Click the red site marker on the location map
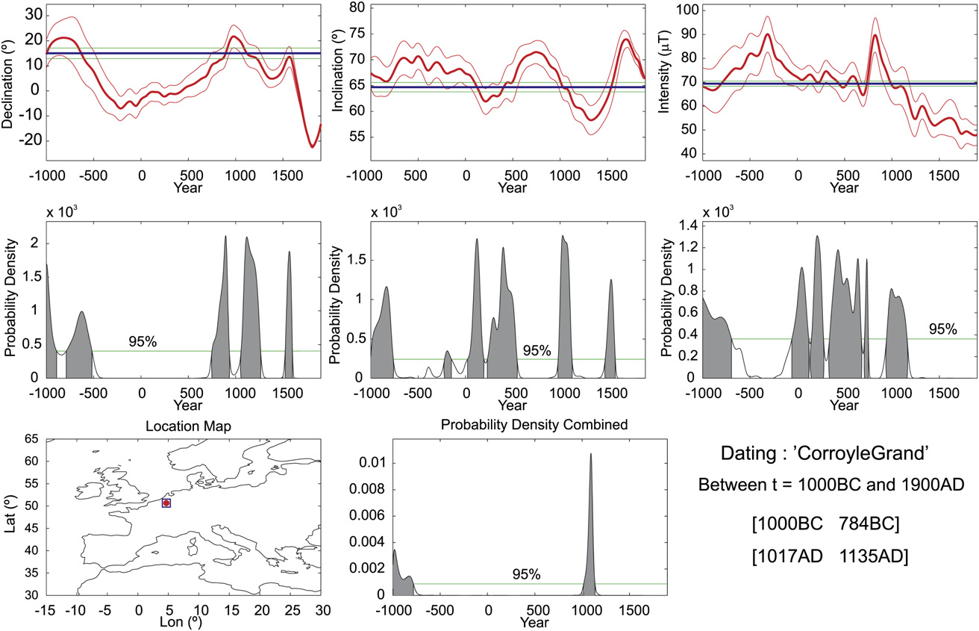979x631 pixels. pos(166,503)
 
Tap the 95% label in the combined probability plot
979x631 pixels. pos(526,574)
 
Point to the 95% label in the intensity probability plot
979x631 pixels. pos(943,329)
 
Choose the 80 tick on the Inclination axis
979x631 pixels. pos(362,8)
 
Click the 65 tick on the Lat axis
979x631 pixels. pos(31,440)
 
